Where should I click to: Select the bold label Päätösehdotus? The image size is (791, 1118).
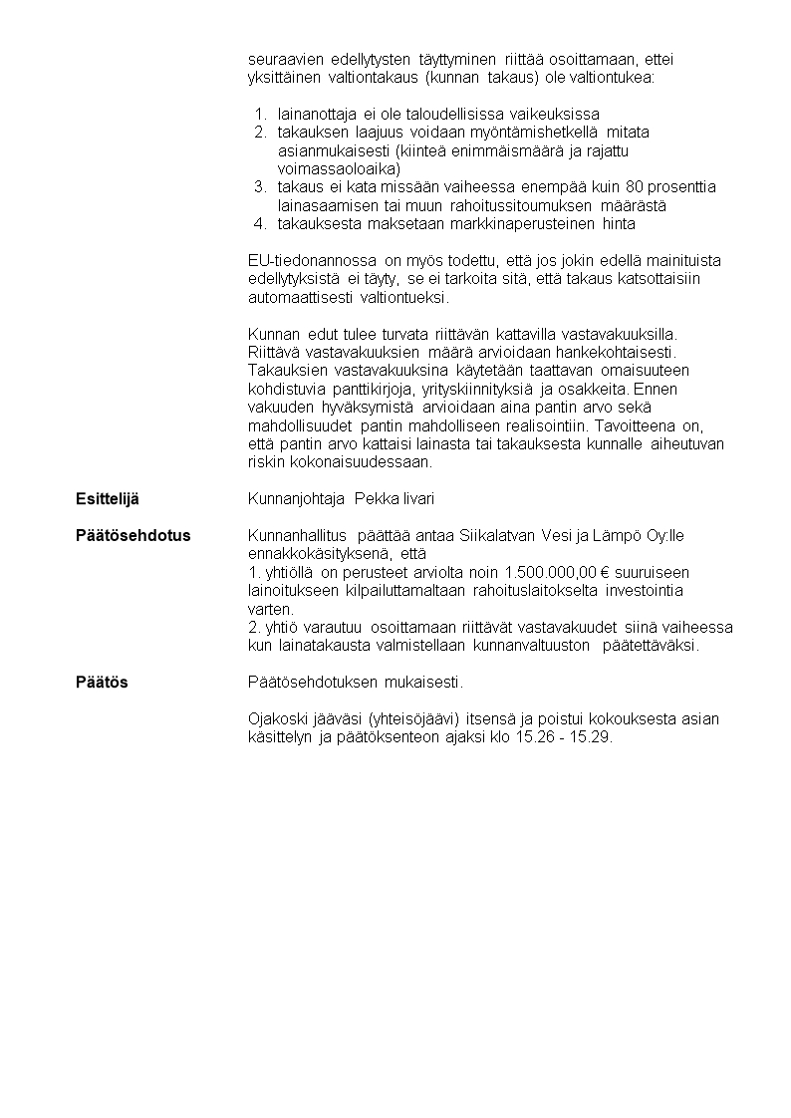click(133, 535)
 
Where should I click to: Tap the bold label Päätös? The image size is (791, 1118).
click(102, 683)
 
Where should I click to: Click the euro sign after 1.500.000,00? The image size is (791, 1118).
click(607, 572)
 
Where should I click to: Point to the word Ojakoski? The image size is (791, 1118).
click(276, 719)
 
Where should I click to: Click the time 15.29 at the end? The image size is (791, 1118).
click(592, 737)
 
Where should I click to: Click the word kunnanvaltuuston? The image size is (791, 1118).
click(534, 645)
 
